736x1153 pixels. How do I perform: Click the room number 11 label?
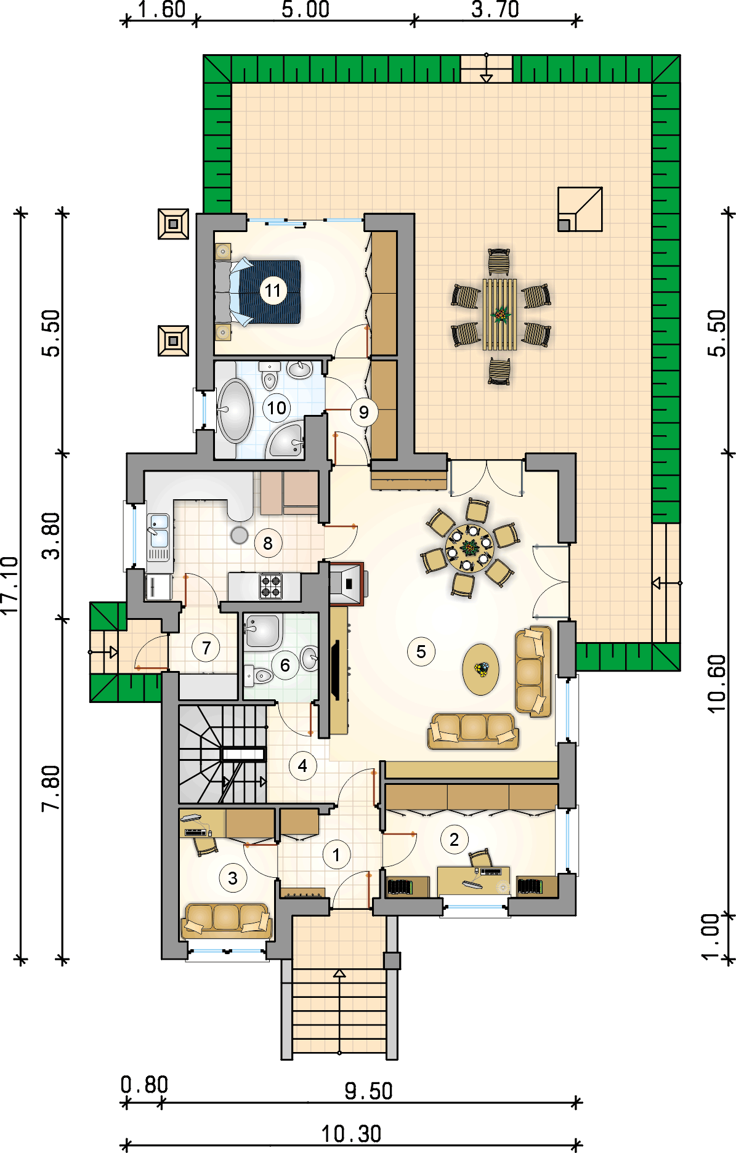(x=273, y=291)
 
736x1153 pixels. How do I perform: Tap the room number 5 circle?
(x=421, y=651)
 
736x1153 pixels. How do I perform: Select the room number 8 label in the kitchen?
(x=268, y=543)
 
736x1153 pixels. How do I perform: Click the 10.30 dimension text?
(x=352, y=1133)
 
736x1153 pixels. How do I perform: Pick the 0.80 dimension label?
(x=145, y=1084)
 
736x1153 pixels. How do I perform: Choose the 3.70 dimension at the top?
(x=495, y=10)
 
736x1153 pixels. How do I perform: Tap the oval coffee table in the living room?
(x=480, y=669)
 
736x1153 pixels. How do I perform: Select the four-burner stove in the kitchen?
(x=270, y=586)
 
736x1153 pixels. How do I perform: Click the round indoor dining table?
(x=470, y=548)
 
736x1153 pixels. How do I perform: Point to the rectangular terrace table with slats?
(x=499, y=314)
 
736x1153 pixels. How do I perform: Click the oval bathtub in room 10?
(x=235, y=411)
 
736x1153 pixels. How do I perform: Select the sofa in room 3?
(x=227, y=921)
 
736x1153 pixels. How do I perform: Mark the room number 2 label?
(x=455, y=839)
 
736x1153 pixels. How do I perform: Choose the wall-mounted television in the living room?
(x=336, y=669)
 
